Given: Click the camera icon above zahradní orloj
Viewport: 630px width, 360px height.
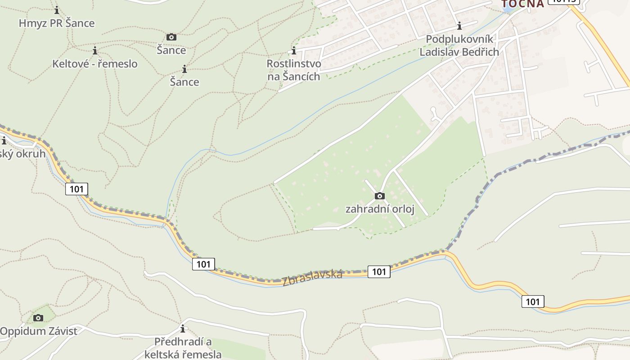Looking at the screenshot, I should [x=379, y=196].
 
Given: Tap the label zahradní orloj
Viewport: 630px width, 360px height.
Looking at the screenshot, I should [x=379, y=209].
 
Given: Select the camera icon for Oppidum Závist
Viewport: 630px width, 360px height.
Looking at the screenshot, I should [x=38, y=318].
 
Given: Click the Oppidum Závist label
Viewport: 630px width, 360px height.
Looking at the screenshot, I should [x=39, y=331].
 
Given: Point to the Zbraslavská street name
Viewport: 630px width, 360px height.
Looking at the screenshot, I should [x=312, y=278].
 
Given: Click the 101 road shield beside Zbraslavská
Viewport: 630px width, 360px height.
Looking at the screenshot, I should [x=379, y=271].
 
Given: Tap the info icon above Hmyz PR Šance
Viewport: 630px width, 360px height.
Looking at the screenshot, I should [x=57, y=10].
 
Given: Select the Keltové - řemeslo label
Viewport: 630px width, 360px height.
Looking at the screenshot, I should [x=95, y=64].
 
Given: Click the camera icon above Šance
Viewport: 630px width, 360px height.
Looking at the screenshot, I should [x=171, y=37].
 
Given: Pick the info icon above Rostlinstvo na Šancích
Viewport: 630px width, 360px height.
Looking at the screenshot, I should [x=294, y=50].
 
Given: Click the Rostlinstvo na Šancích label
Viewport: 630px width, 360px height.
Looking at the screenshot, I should [x=294, y=70].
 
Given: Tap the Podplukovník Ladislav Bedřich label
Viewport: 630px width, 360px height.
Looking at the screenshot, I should [x=459, y=45].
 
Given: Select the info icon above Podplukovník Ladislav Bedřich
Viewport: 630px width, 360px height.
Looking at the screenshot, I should [x=459, y=26].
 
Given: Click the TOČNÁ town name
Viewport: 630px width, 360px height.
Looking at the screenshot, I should [x=523, y=4].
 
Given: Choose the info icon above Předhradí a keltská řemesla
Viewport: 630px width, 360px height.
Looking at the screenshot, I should [x=183, y=328].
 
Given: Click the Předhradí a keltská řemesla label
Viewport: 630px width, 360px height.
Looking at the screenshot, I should [x=183, y=348].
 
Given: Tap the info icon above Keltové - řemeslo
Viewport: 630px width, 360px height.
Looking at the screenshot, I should [x=94, y=50].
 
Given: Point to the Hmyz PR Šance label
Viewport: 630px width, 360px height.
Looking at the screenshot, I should [x=57, y=23].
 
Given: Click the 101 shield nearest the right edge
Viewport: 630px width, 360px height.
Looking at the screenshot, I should [x=533, y=301].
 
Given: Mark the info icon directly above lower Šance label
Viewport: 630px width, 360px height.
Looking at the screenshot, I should [x=184, y=69].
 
